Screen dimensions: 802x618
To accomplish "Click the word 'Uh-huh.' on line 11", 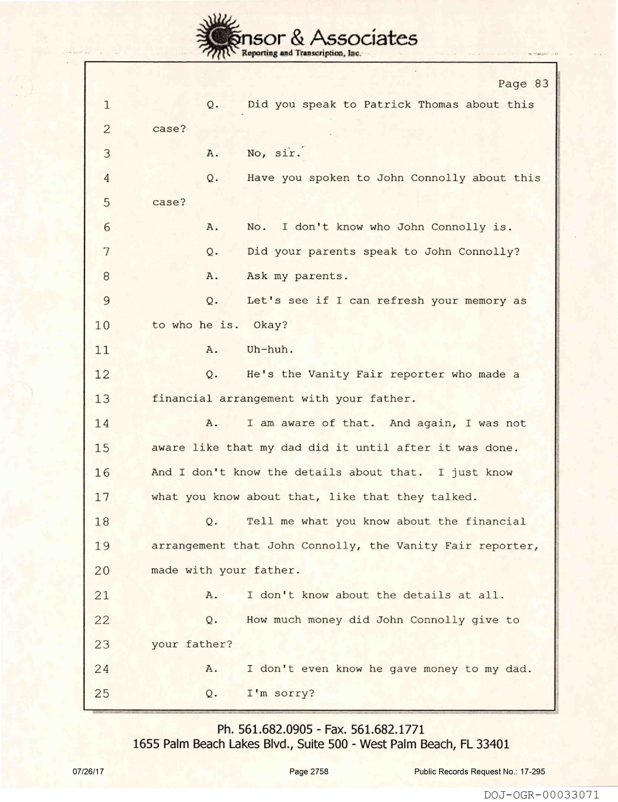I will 270,350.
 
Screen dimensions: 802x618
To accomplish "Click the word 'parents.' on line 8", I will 321,276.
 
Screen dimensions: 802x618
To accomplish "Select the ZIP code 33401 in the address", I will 492,744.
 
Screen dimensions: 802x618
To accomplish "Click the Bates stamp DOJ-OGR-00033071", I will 541,795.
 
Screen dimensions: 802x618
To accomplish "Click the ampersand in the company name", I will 297,38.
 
